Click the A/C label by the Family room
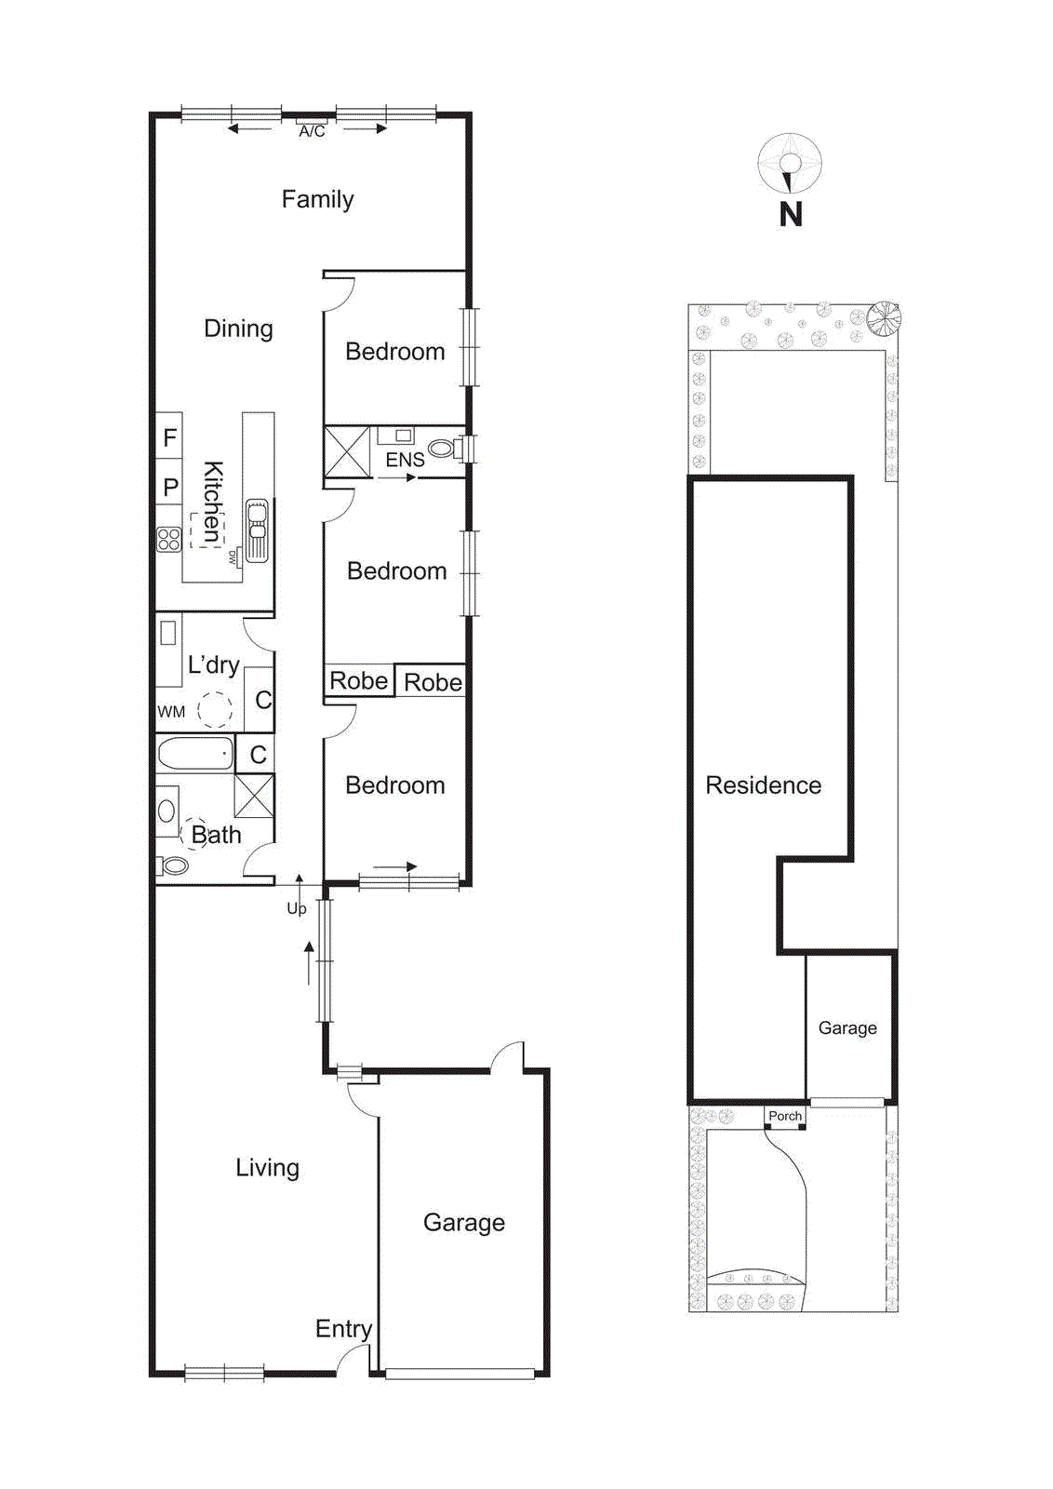tap(312, 132)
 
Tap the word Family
tap(317, 199)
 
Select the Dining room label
tap(238, 329)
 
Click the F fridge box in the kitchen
tap(169, 437)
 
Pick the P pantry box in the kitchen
tap(169, 487)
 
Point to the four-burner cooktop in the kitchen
tap(168, 539)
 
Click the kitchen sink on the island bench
tap(257, 527)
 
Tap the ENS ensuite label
tap(405, 460)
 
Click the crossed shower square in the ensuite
tap(346, 451)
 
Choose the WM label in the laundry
tap(171, 712)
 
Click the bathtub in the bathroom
tap(194, 753)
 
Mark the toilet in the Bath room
tap(171, 866)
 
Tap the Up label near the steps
tap(296, 908)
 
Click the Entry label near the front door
tap(343, 1329)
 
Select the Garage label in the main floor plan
tap(463, 1223)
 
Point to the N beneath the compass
tap(790, 215)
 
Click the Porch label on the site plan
tap(784, 1116)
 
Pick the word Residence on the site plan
tap(763, 785)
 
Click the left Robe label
tap(358, 681)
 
